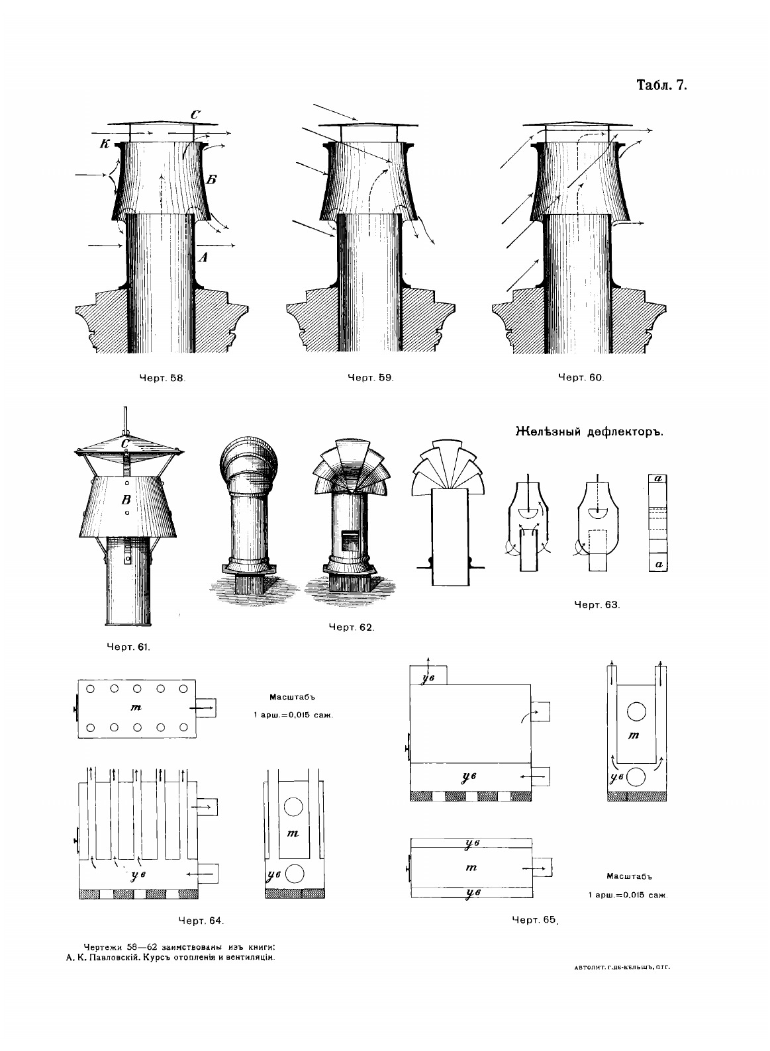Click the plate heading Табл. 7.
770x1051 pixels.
click(662, 86)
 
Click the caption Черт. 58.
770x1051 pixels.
click(161, 379)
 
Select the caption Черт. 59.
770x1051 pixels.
click(371, 378)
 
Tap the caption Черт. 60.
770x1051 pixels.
click(581, 378)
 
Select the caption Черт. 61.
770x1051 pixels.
click(128, 647)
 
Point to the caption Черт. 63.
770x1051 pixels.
click(597, 604)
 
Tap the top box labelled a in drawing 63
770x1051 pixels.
click(659, 478)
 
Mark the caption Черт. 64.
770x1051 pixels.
click(202, 920)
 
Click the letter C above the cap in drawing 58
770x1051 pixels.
click(195, 115)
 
